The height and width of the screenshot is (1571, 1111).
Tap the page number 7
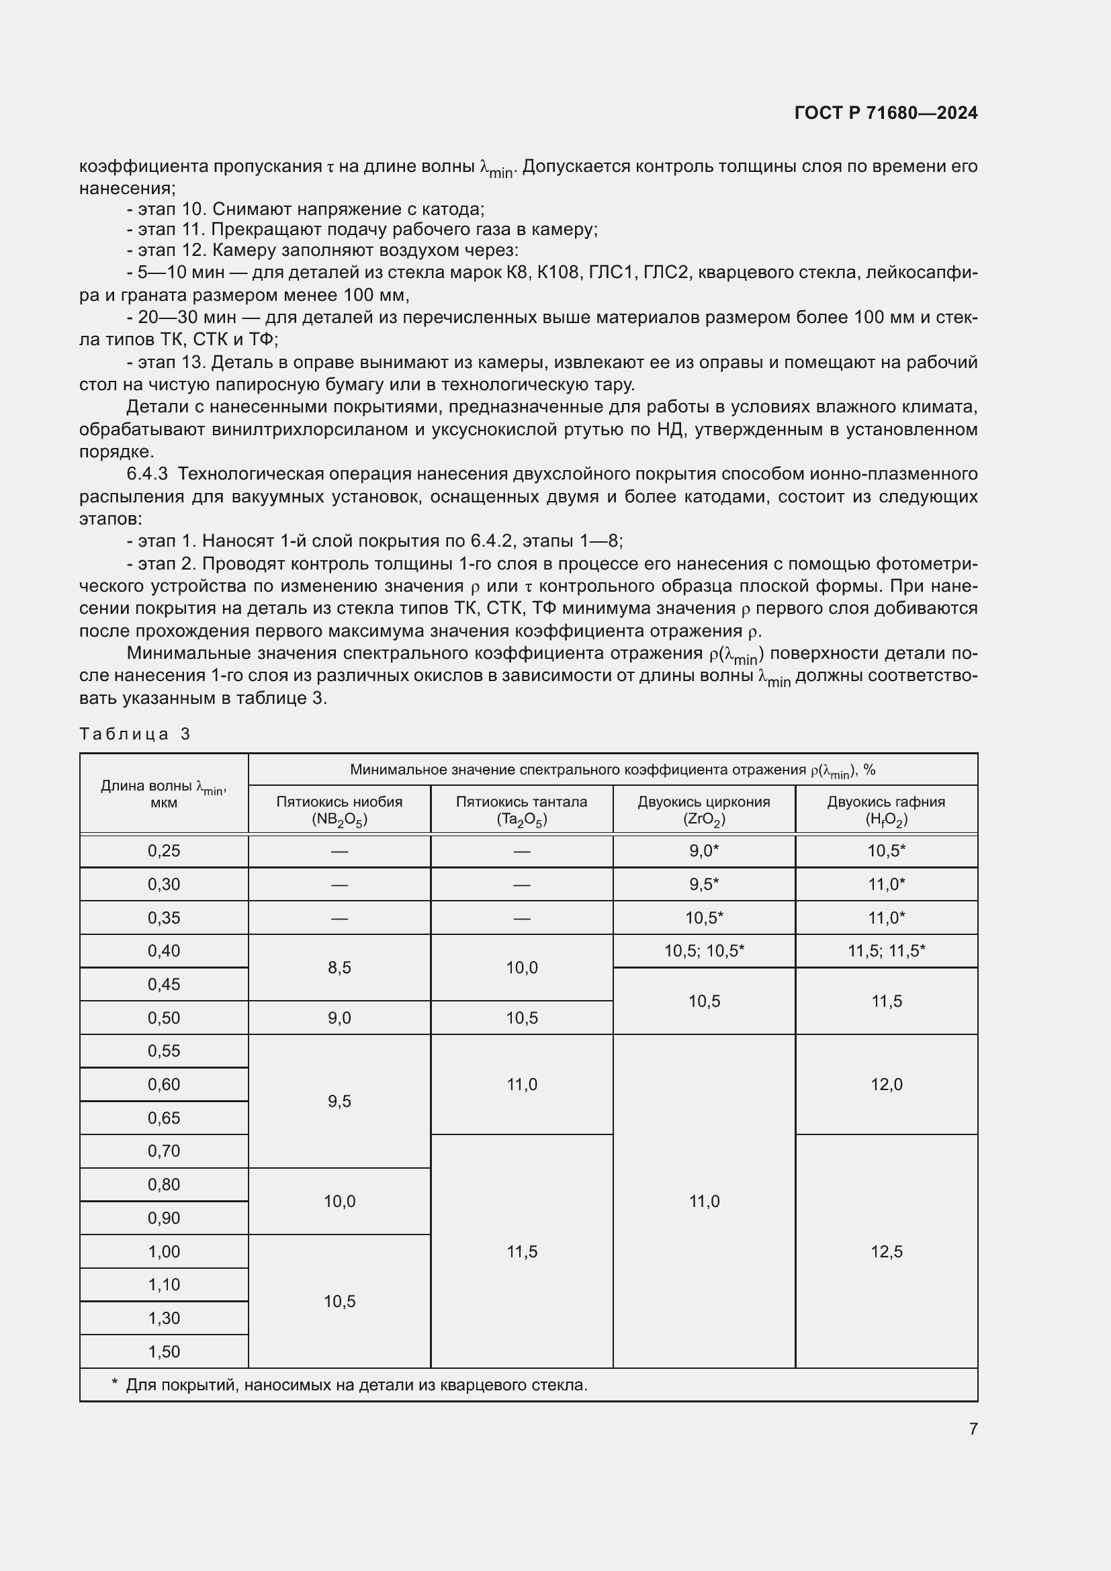(973, 1429)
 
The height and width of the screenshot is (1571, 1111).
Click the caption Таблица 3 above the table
(134, 734)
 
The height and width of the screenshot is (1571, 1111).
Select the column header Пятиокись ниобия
(339, 802)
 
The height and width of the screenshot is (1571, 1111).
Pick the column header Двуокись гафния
(886, 802)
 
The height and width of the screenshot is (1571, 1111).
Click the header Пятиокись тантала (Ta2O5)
(521, 810)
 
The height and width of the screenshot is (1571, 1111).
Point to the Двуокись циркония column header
(704, 802)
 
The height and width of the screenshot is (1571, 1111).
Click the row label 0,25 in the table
(163, 851)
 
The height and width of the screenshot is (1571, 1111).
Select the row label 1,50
(163, 1351)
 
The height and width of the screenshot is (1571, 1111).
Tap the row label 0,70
(163, 1151)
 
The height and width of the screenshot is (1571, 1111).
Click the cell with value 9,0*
(704, 851)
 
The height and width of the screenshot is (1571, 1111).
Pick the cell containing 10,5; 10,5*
(704, 950)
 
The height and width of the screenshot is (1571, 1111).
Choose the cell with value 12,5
(886, 1251)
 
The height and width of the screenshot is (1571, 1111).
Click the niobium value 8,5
(339, 967)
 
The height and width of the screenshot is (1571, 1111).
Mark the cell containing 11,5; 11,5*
(886, 950)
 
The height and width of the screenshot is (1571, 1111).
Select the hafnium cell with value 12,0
(886, 1085)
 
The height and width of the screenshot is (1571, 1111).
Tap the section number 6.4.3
(147, 474)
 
